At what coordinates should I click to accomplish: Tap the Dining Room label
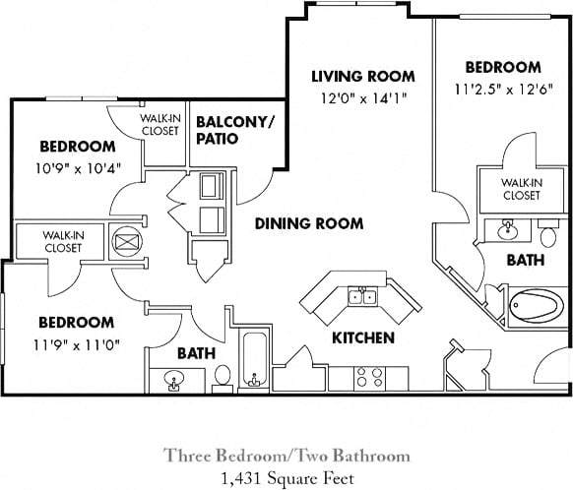[x=308, y=223]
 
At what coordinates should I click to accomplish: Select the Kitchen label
[x=362, y=337]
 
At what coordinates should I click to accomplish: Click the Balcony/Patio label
[x=235, y=130]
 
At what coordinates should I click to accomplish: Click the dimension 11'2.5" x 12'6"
[x=502, y=90]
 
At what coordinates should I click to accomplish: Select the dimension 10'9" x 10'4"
[x=77, y=166]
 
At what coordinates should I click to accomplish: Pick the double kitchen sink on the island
[x=360, y=296]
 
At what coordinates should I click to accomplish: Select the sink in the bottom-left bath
[x=174, y=379]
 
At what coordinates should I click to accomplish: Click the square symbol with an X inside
[x=126, y=240]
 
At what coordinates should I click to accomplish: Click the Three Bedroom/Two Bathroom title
[x=286, y=456]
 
